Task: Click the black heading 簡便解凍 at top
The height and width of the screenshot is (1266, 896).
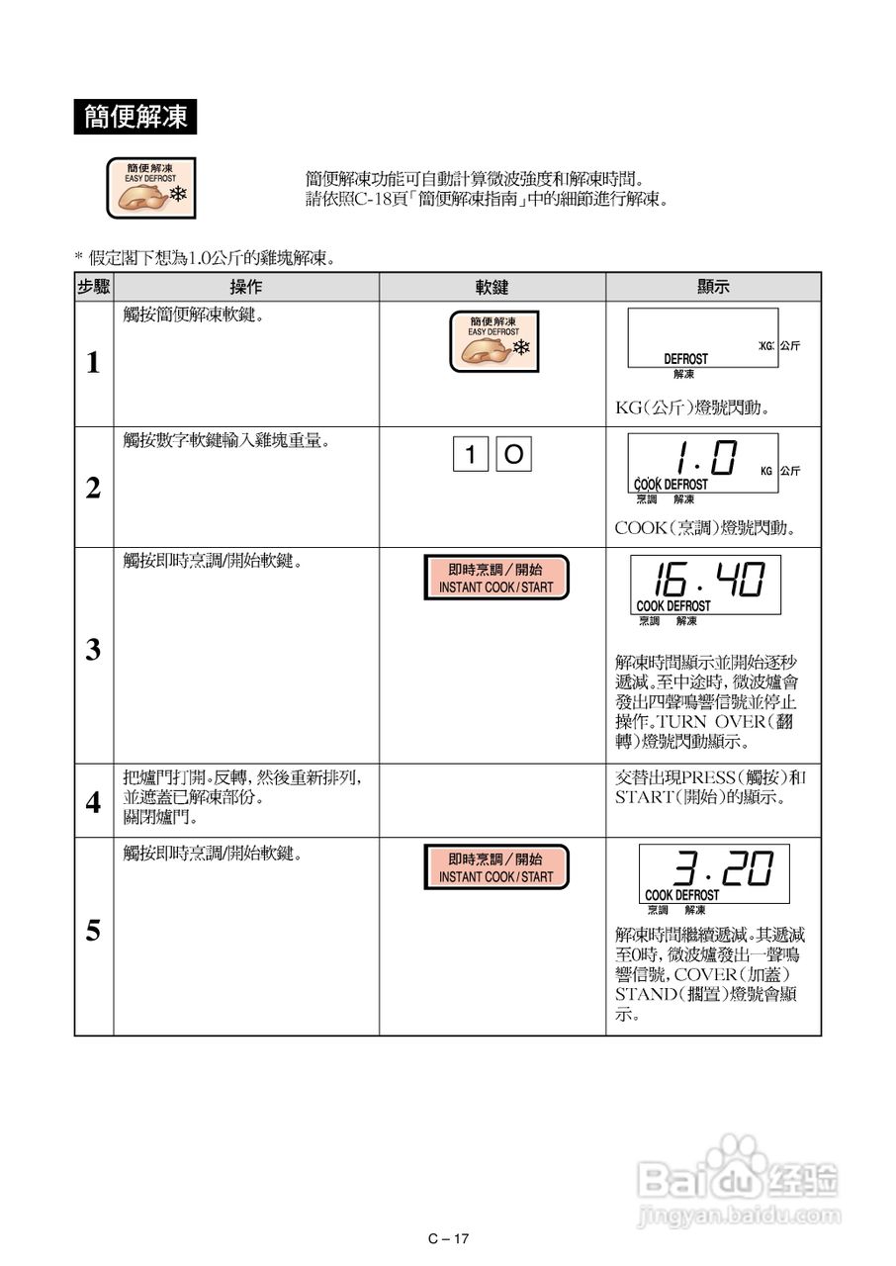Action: coord(135,118)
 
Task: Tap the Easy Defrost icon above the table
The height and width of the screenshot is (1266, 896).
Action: coord(151,188)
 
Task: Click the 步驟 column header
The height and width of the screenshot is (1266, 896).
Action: coord(94,287)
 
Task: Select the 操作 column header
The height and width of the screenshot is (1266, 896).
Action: coord(246,287)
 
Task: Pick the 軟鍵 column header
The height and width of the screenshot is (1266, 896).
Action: coord(492,287)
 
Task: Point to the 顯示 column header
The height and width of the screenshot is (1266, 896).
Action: coord(713,287)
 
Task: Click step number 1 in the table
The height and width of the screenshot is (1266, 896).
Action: coord(93,364)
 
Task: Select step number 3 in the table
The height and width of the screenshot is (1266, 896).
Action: coord(93,651)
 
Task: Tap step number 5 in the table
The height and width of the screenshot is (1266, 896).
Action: coord(93,932)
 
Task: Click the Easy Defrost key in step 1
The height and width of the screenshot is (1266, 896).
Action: coord(493,342)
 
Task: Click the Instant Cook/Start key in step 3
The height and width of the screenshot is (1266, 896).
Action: coord(495,578)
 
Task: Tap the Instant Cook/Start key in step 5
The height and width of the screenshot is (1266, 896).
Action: coord(495,867)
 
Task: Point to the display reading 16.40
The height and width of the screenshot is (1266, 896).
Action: coord(705,585)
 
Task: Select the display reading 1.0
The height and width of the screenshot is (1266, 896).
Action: coord(703,463)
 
